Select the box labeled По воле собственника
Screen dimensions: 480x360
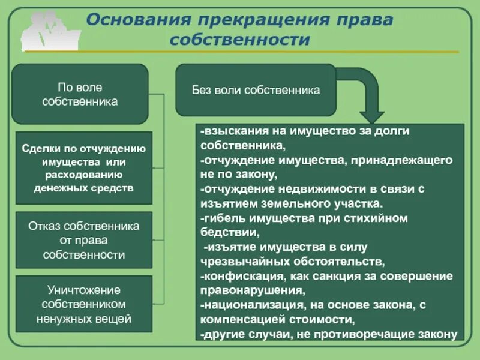click(80, 94)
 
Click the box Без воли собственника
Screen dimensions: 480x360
click(256, 90)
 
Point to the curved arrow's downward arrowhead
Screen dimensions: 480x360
click(372, 115)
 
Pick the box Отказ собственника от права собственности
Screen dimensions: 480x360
click(83, 240)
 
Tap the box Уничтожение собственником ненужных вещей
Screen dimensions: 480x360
click(83, 304)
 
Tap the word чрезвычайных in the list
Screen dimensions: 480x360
click(238, 262)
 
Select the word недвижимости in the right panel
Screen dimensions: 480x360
click(295, 188)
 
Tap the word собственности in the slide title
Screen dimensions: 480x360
click(240, 40)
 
